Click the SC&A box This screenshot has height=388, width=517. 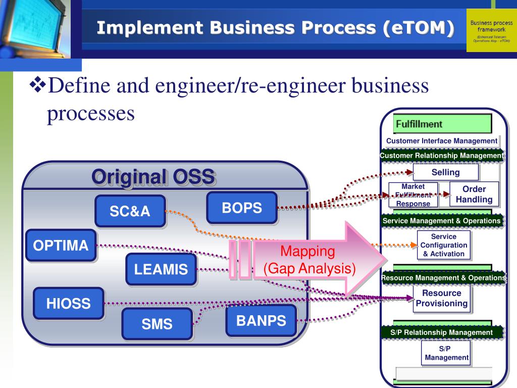click(130, 211)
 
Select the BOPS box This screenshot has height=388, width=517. click(242, 208)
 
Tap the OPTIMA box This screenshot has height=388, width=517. click(61, 246)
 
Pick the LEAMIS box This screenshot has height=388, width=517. click(161, 269)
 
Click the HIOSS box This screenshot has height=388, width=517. click(69, 304)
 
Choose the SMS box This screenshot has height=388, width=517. click(157, 324)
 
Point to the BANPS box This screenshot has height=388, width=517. click(261, 320)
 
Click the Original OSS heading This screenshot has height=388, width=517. click(153, 177)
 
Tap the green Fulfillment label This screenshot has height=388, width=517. click(442, 124)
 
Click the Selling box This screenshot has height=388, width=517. click(445, 172)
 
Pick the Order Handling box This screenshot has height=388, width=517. click(474, 195)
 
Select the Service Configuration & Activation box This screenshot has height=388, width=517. click(444, 245)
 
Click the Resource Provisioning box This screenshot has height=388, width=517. click(442, 298)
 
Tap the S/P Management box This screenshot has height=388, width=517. click(446, 353)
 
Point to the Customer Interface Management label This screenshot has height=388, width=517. click(442, 141)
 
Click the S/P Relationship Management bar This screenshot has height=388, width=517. click(442, 332)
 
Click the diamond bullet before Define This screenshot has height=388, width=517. click(38, 86)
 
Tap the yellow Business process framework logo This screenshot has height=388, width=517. click(489, 30)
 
